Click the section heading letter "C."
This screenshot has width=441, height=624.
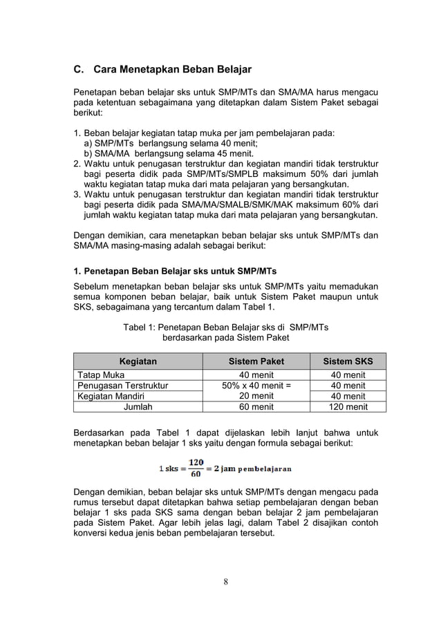coord(79,70)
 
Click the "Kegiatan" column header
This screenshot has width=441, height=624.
coord(138,361)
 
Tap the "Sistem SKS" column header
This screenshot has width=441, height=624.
coord(348,361)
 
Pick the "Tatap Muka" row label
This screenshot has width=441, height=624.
coord(100,375)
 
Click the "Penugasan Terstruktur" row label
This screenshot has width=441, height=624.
coord(122,386)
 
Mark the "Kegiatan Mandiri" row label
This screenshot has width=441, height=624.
coord(111,396)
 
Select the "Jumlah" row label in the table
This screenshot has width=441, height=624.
coord(138,407)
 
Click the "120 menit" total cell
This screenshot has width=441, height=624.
coord(348,407)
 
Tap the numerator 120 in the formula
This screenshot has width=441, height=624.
coord(196,462)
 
